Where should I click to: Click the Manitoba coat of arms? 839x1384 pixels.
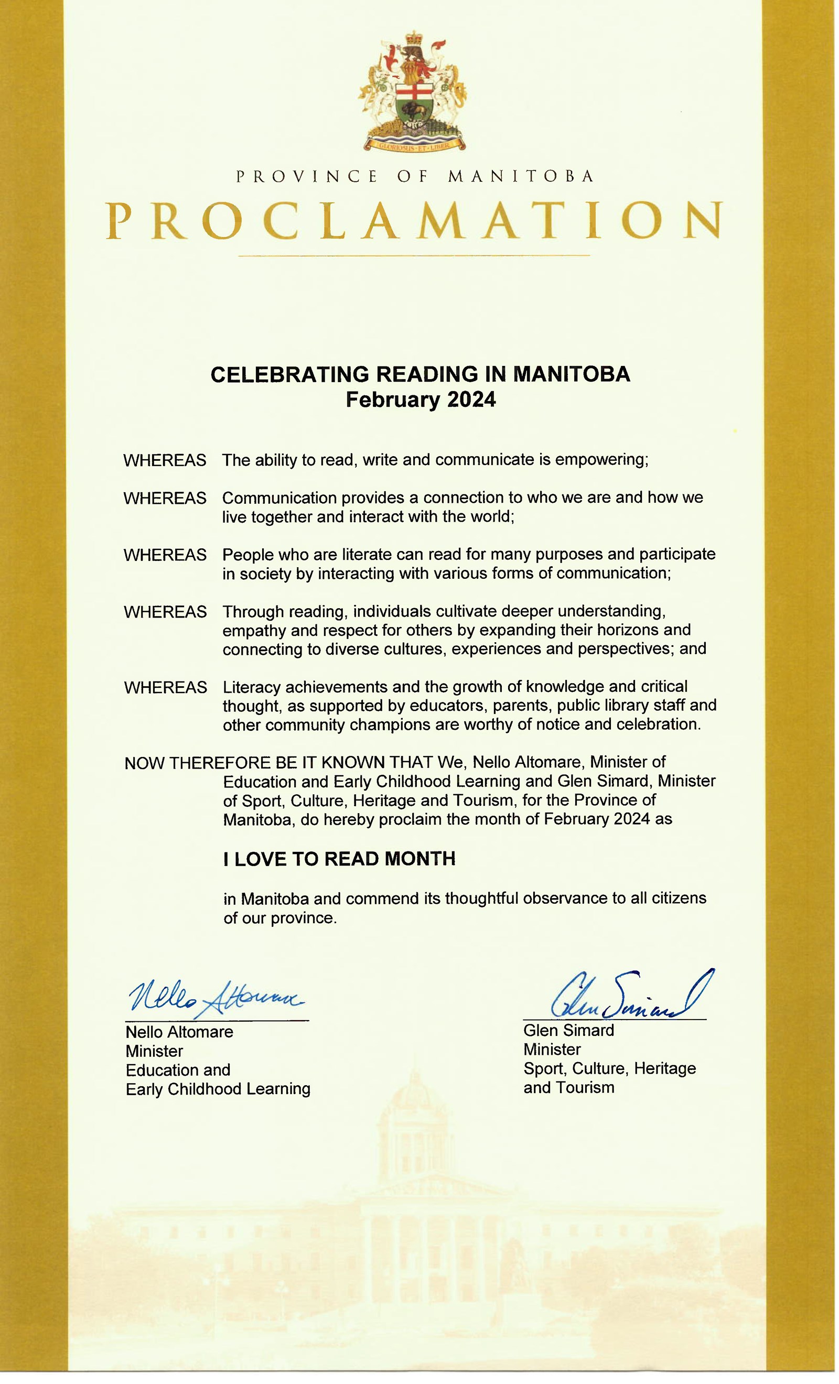tap(413, 92)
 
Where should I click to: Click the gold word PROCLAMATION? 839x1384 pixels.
tap(414, 221)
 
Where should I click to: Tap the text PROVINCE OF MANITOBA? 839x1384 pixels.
tap(415, 176)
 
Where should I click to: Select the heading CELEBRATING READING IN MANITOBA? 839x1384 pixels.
tap(421, 375)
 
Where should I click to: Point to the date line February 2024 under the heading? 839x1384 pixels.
tap(421, 400)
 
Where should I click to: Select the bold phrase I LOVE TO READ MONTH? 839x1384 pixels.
tap(339, 859)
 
